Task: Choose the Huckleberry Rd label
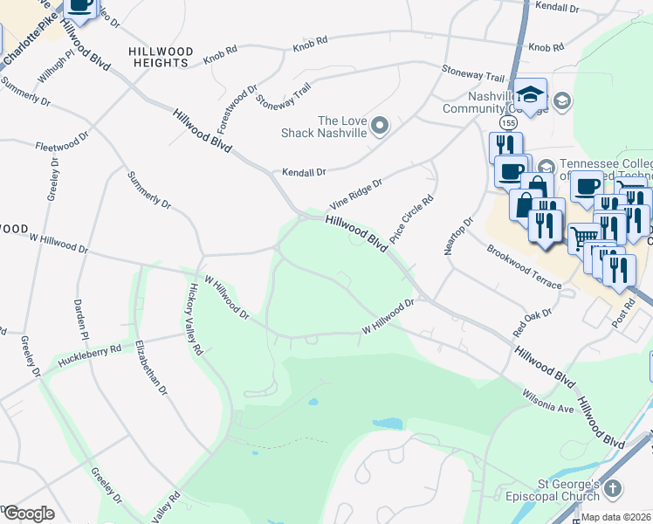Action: [88, 354]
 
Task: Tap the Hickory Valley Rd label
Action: [192, 319]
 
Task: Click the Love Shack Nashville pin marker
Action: [379, 127]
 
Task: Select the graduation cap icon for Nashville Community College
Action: [530, 93]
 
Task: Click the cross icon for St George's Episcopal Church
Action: [613, 489]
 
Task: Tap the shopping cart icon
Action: [583, 237]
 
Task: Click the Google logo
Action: [28, 513]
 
